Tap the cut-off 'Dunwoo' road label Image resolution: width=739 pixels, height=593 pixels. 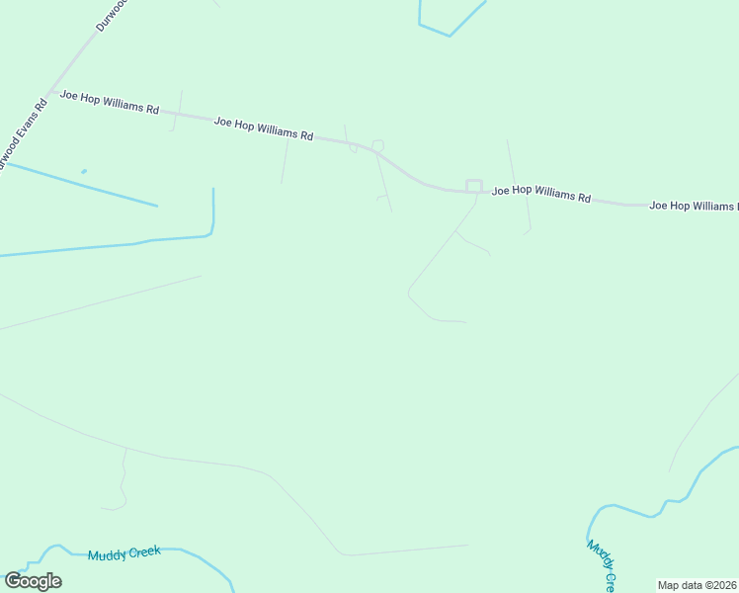111,15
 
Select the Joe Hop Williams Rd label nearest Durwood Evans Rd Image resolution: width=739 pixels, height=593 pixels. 110,102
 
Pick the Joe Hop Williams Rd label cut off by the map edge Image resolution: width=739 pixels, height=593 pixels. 693,206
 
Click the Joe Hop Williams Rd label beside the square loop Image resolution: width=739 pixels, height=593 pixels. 540,194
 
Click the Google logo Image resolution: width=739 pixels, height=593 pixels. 33,581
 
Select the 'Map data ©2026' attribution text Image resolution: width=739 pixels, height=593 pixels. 698,585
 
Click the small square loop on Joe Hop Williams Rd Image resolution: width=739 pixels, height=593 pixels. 474,186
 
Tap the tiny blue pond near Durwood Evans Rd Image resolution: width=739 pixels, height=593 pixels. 84,171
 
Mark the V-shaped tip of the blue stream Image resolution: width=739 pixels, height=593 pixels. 450,36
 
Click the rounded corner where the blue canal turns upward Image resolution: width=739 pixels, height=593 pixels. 210,233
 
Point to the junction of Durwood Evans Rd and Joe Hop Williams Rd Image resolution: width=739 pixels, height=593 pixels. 49,93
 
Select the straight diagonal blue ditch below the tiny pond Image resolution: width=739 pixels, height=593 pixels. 79,184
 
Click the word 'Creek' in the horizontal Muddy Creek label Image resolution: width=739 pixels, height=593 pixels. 143,551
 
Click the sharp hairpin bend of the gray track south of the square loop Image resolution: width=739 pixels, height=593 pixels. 409,292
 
